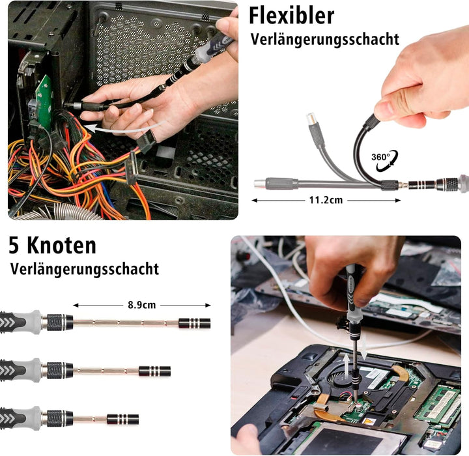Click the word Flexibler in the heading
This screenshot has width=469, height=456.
[291, 16]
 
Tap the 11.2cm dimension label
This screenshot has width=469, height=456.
[326, 200]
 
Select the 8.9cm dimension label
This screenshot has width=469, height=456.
[142, 305]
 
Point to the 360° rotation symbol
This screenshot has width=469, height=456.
[385, 161]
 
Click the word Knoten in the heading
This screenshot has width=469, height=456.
[62, 246]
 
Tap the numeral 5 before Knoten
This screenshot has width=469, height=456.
[14, 246]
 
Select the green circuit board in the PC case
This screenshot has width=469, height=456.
[44, 100]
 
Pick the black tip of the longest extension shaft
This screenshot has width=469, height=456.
[194, 324]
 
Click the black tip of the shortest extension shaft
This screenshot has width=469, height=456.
[122, 420]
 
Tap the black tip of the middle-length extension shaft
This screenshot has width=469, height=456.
[154, 371]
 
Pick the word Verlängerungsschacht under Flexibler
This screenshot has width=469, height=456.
[325, 40]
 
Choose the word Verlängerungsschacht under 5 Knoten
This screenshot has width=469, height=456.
[85, 269]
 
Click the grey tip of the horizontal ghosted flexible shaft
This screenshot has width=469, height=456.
[260, 183]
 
